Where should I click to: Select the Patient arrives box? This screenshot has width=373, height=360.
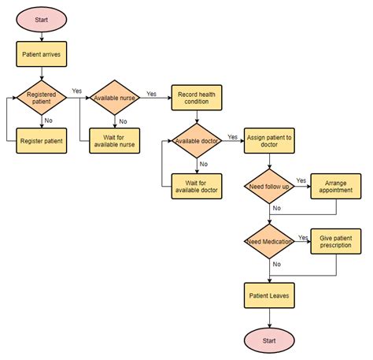(x=42, y=54)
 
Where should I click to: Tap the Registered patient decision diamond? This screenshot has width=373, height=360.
(x=42, y=98)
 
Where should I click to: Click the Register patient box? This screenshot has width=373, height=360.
(x=42, y=141)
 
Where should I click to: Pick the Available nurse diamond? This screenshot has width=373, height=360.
(x=115, y=98)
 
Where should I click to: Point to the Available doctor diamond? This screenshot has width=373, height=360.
(x=196, y=140)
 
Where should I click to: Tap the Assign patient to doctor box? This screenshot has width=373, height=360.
(x=269, y=141)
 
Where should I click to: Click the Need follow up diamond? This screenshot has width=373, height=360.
(x=269, y=186)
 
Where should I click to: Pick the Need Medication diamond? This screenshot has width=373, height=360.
(x=269, y=242)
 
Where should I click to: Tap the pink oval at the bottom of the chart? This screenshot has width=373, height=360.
(x=269, y=340)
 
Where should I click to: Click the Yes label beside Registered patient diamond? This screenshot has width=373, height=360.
(x=76, y=91)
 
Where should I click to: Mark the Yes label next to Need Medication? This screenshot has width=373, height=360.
(x=303, y=236)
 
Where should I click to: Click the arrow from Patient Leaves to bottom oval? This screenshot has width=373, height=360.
(x=269, y=317)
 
